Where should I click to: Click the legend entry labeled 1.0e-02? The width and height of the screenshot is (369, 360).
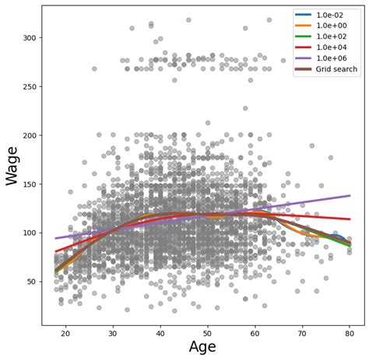(336, 15)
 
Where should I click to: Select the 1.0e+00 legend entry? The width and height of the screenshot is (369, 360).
(336, 26)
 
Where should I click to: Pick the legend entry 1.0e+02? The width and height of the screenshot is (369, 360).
(336, 37)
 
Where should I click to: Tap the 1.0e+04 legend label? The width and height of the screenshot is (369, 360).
(336, 47)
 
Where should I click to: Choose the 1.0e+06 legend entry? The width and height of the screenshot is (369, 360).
(336, 58)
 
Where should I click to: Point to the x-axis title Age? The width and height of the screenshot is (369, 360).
(202, 348)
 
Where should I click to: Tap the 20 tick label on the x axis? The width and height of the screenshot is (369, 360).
(65, 333)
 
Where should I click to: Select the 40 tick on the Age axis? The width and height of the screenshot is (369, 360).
(160, 333)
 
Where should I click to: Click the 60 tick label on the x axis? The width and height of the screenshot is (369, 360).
(255, 333)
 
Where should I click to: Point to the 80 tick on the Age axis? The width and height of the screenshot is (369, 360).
(350, 333)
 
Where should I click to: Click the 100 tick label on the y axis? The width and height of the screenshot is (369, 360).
(26, 232)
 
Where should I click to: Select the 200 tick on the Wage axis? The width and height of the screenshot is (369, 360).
(26, 135)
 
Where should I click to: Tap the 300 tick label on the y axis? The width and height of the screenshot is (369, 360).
(26, 37)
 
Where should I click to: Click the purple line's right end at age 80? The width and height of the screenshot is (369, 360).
(350, 196)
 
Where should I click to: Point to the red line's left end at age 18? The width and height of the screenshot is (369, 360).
(56, 251)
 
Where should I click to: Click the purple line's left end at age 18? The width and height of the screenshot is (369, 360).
(56, 238)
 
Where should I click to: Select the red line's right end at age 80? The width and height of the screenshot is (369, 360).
(350, 219)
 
